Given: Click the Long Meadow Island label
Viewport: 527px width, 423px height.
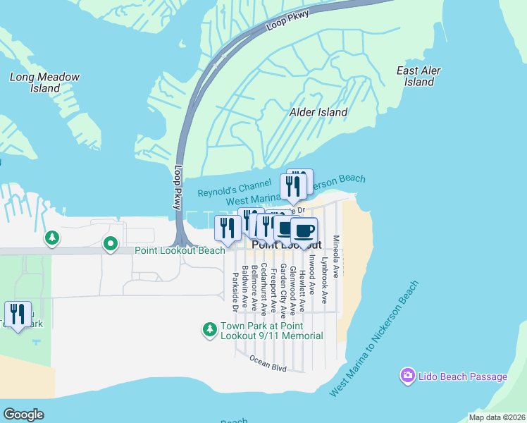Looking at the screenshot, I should (x=45, y=82).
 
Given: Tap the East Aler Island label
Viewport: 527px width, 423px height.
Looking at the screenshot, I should (x=419, y=76).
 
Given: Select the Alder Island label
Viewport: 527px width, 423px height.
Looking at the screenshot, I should (x=318, y=112).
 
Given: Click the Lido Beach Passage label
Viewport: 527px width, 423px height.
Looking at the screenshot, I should (x=464, y=376).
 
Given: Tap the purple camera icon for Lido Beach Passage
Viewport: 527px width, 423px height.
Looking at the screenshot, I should (x=407, y=376).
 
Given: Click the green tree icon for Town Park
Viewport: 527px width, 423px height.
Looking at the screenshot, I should (x=209, y=329).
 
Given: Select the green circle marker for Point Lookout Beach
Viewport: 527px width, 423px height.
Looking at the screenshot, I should (x=110, y=244).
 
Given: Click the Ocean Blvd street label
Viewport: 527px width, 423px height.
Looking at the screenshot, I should (x=268, y=363).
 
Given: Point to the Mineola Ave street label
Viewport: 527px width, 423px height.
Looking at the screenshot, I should (x=336, y=256).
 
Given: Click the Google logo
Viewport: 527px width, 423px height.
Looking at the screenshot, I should (x=23, y=415).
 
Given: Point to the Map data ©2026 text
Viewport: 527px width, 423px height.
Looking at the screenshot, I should (x=496, y=417).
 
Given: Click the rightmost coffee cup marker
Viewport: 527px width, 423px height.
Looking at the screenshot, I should (x=304, y=231).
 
